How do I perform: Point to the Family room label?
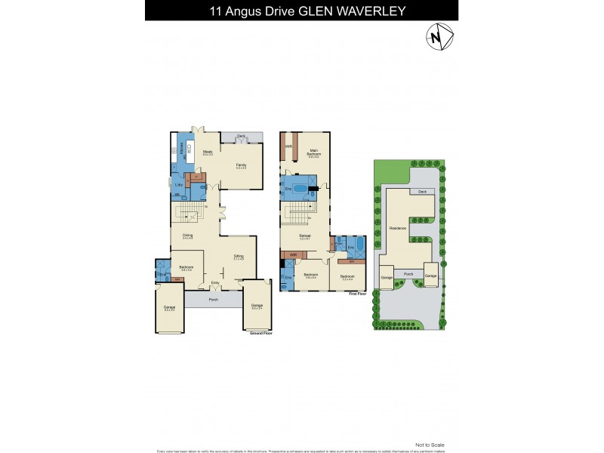[242, 165]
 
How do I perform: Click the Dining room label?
[187, 235]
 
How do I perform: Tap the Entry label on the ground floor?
[215, 283]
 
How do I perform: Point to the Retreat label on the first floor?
[305, 236]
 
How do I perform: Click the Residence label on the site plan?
[397, 227]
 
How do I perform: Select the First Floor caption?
[357, 294]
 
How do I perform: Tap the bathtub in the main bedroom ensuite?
[300, 189]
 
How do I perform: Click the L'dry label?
[179, 185]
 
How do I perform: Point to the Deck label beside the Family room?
[242, 136]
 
